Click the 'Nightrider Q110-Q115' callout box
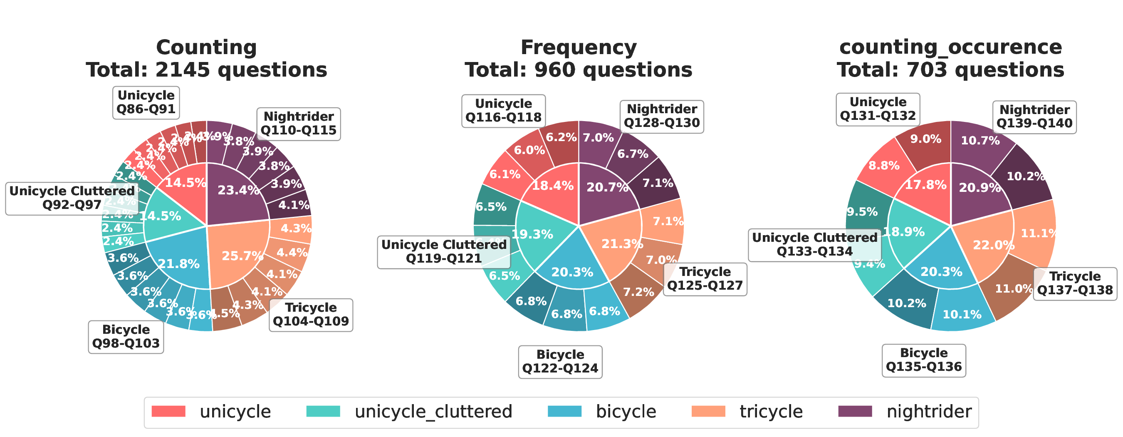point(299,124)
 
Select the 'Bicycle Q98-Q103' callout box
point(126,337)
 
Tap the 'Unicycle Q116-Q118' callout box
point(504,111)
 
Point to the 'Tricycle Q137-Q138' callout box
point(1075,283)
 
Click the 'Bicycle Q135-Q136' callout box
point(924,360)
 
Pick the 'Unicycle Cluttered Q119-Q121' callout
point(444,252)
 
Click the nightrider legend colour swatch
point(855,412)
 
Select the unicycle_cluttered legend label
point(433,412)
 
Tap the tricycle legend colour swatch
point(708,412)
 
